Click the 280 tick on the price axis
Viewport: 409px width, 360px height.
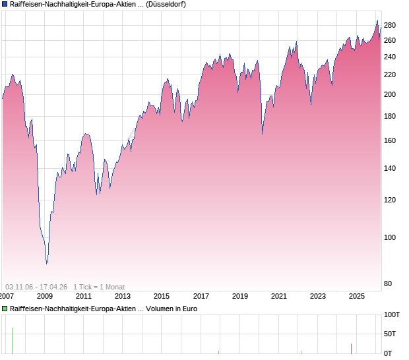(x=389, y=26)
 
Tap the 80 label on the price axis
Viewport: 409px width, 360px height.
(x=389, y=284)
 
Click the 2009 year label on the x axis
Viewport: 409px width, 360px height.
(x=44, y=296)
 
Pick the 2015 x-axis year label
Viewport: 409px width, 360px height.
(x=162, y=296)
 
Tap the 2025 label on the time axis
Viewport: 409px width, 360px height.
(x=356, y=296)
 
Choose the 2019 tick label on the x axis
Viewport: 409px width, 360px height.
(x=239, y=296)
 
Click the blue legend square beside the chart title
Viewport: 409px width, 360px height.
(x=5, y=5)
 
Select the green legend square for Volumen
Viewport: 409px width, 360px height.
(x=5, y=308)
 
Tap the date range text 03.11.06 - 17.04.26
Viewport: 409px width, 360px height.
(x=36, y=286)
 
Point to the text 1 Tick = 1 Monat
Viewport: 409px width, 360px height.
(x=98, y=286)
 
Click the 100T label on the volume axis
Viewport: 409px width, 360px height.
(x=393, y=315)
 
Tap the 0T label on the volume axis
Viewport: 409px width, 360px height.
(x=389, y=353)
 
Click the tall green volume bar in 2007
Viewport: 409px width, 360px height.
(x=12, y=340)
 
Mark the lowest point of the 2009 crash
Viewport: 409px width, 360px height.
(x=47, y=264)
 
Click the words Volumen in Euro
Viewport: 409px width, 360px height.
(x=170, y=308)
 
